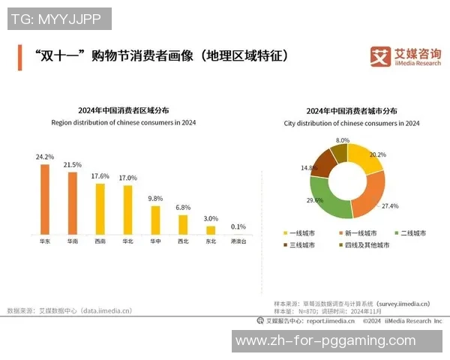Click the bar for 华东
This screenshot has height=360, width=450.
(x=45, y=199)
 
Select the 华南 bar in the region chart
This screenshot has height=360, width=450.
(x=73, y=203)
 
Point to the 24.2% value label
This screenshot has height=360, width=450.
(x=45, y=157)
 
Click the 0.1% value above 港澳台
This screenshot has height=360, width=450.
(x=238, y=226)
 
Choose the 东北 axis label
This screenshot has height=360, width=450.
(x=211, y=242)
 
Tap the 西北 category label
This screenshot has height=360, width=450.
(x=183, y=242)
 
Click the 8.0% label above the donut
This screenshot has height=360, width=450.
(x=343, y=140)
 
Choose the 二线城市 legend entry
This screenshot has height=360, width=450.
(x=409, y=233)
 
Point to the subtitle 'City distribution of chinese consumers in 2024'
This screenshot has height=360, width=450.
(x=352, y=123)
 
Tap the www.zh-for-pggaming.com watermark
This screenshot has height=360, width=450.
(x=325, y=341)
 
